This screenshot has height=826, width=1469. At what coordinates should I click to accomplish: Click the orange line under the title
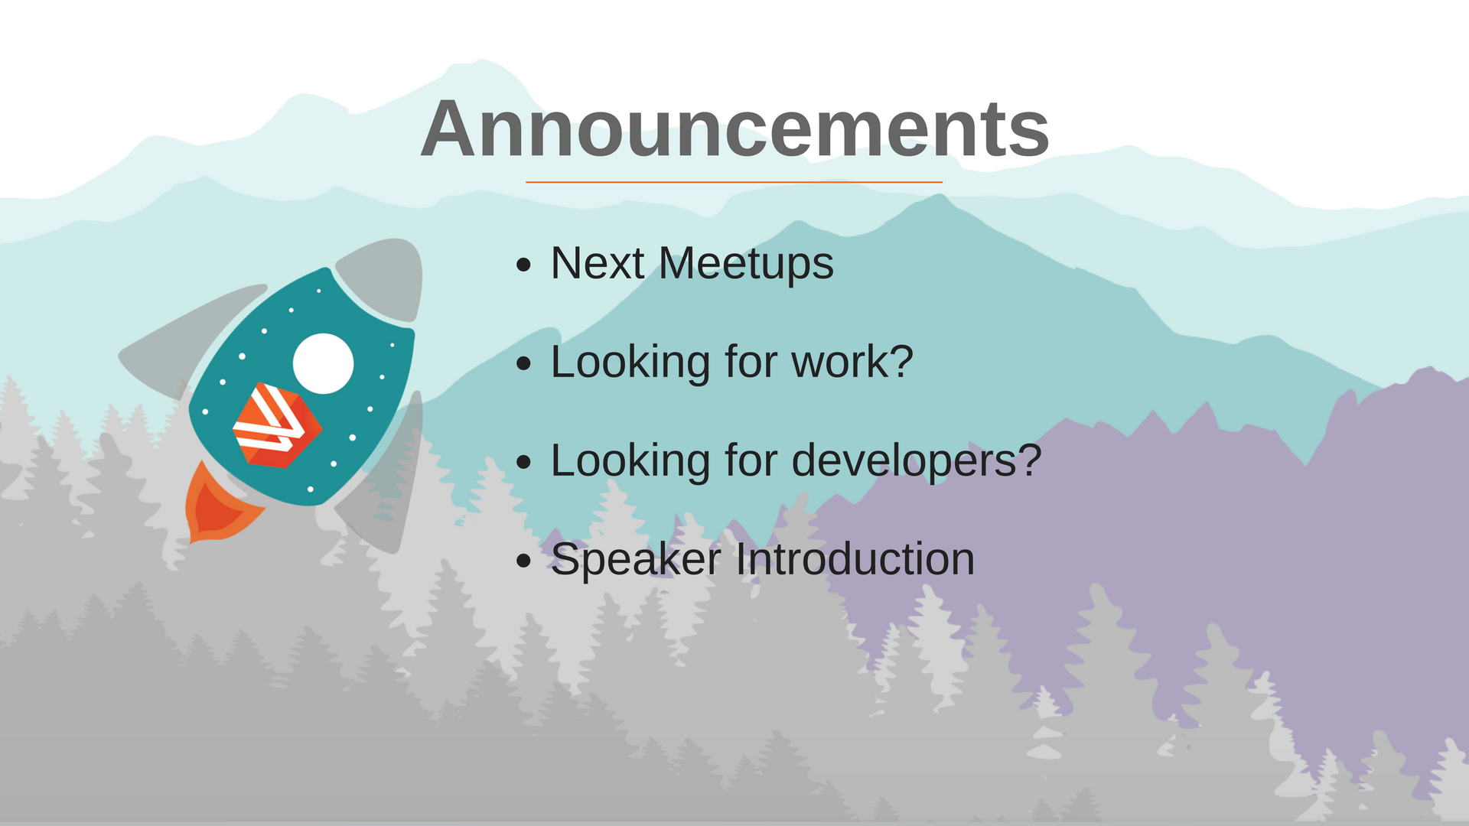point(734,182)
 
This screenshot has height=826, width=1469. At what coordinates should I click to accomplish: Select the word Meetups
point(746,264)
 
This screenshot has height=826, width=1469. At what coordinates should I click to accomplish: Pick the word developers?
point(917,460)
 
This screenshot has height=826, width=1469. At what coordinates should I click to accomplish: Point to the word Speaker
point(636,560)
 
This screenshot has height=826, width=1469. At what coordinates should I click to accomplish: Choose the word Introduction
point(855,559)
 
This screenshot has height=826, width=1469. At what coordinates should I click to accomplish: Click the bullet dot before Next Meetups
point(523,265)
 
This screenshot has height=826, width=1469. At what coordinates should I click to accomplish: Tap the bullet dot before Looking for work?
point(523,364)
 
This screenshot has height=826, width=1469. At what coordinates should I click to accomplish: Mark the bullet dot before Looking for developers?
point(523,462)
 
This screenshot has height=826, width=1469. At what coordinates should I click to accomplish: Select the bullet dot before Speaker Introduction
point(523,561)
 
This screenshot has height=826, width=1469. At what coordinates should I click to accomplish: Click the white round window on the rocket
point(323,363)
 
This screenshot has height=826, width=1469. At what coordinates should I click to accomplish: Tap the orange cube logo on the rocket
point(278,425)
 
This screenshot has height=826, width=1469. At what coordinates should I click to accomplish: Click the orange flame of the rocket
point(218,505)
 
